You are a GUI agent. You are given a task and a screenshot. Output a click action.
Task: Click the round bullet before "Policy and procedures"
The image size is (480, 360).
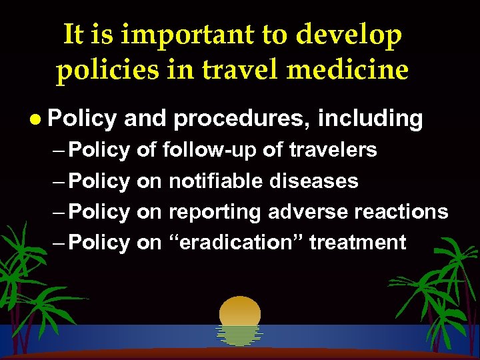(x=35, y=119)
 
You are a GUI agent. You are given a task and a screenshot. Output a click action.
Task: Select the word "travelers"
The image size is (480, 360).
(x=333, y=150)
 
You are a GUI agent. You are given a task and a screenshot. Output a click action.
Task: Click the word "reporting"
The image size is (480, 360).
(x=215, y=212)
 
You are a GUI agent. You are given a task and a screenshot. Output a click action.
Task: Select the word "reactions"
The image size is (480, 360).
(x=402, y=211)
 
